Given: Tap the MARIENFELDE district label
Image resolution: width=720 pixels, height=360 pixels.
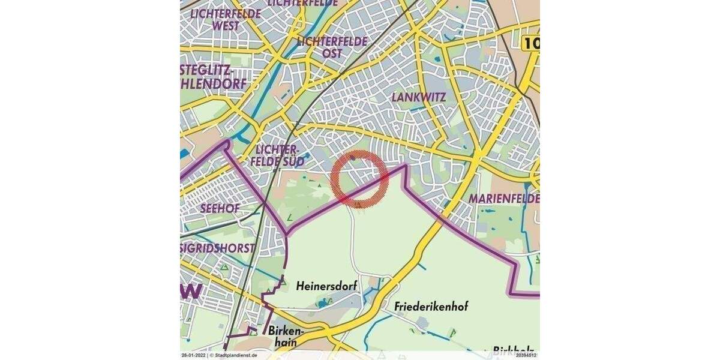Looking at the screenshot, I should click(x=504, y=198).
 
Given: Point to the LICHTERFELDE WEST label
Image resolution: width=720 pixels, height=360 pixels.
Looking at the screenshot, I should click(x=225, y=19).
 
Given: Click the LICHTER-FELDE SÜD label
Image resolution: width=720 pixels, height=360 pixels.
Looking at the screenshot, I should click(x=277, y=155).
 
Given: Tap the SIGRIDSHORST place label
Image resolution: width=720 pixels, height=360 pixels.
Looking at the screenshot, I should click(x=218, y=248).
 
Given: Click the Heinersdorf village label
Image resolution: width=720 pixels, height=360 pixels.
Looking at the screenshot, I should click(x=326, y=287).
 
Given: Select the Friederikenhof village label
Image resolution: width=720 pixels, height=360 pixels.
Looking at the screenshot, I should click(x=431, y=307).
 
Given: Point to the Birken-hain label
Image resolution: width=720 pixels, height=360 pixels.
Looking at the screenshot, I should click(x=286, y=337).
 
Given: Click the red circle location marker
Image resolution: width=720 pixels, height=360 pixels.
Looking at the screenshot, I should click(x=359, y=178).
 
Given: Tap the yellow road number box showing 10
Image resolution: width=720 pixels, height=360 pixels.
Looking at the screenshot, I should click(x=530, y=43).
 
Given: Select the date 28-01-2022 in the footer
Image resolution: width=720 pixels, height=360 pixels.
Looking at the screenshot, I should click(x=193, y=355).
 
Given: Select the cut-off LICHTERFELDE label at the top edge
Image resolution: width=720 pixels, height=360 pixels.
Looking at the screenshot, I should click(x=302, y=3).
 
